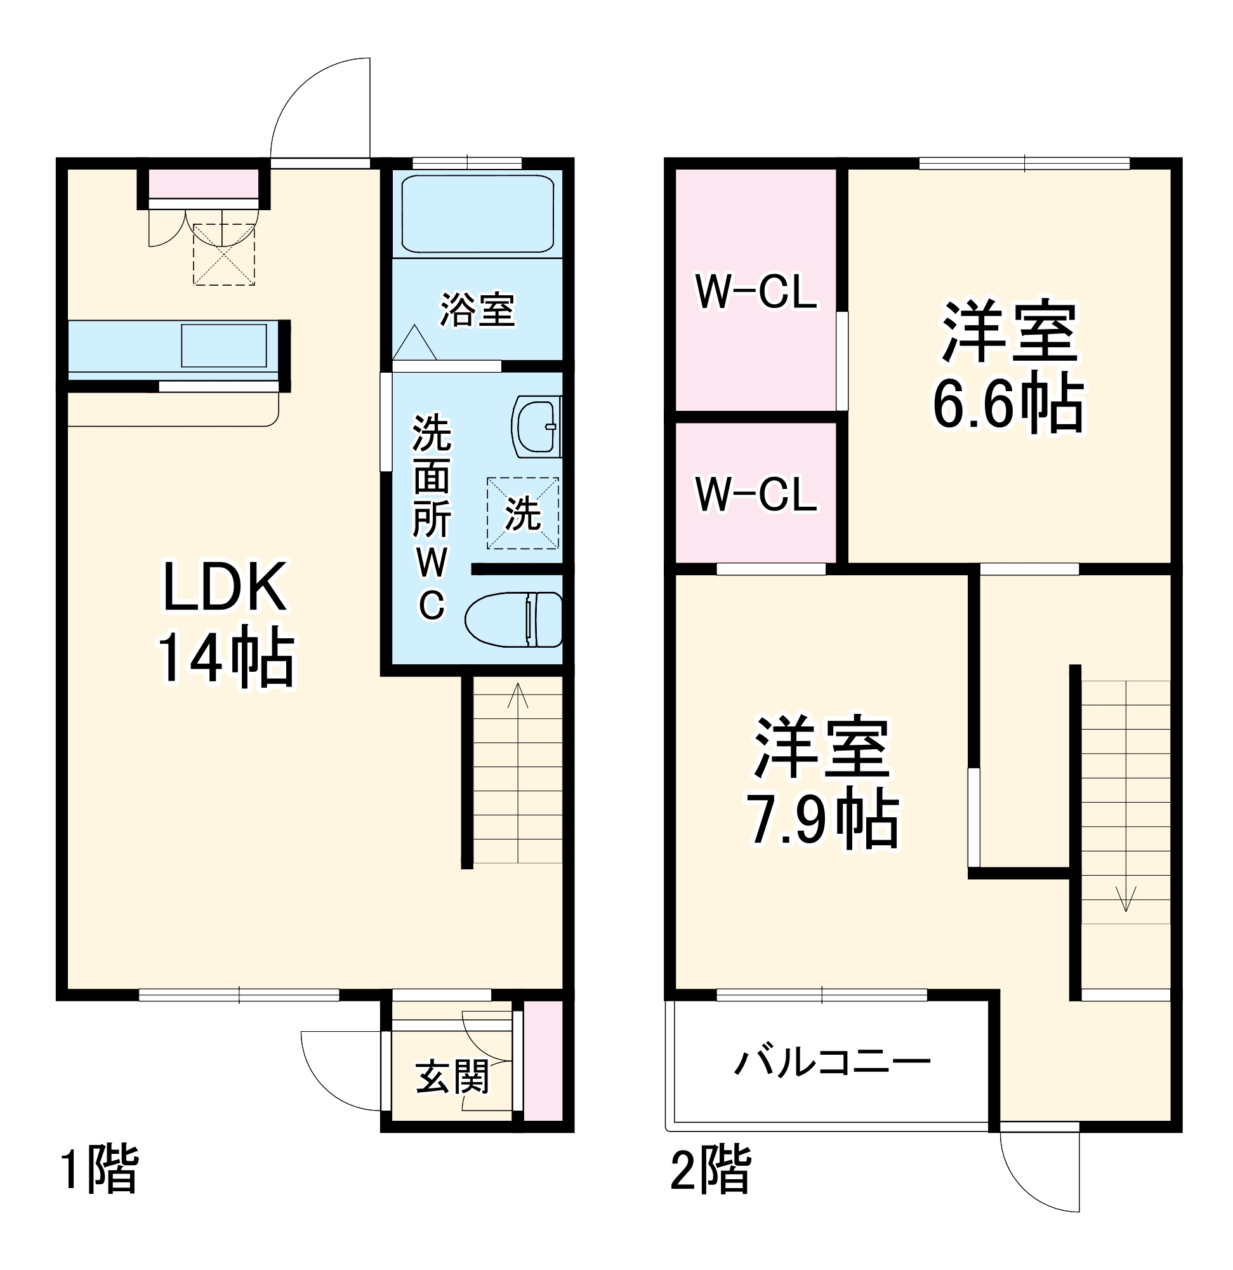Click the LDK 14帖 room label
[226, 623]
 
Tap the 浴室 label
[477, 310]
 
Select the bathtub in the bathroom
[477, 214]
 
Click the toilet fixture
[513, 620]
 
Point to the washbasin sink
[537, 427]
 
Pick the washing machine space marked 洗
[523, 513]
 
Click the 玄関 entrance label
[452, 1078]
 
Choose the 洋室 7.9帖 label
[822, 782]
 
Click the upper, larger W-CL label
[756, 291]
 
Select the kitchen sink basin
[224, 346]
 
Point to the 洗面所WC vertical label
[432, 516]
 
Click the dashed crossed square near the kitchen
[224, 254]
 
